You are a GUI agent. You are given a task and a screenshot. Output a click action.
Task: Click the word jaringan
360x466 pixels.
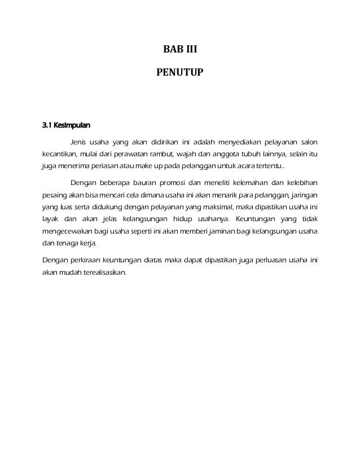coord(304,196)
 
